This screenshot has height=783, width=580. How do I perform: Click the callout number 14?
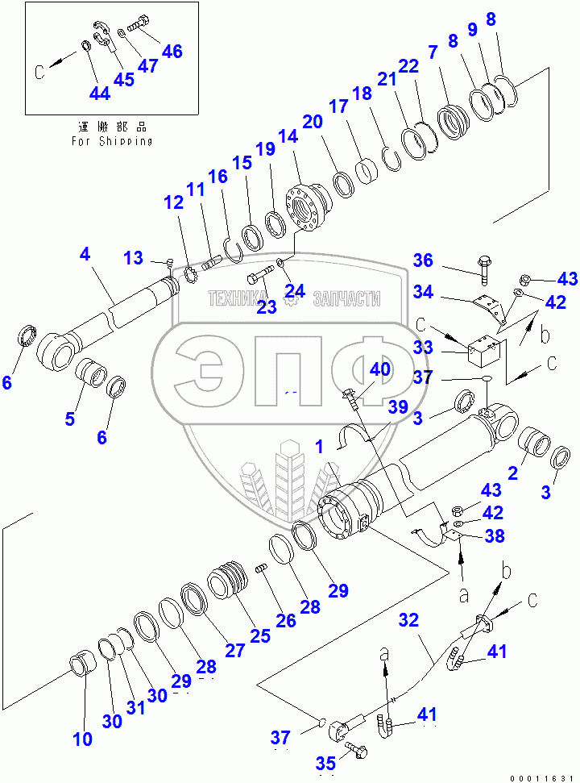pos(287,138)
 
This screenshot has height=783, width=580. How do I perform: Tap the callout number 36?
pos(424,261)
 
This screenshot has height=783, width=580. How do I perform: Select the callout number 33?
pos(424,348)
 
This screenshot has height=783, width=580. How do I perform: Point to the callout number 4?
pos(85,255)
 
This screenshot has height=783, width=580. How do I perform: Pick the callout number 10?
pos(82,739)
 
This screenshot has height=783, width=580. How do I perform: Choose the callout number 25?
pos(259,635)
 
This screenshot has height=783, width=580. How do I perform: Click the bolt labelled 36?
pos(484,270)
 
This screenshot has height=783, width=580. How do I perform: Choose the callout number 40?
pos(379,369)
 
